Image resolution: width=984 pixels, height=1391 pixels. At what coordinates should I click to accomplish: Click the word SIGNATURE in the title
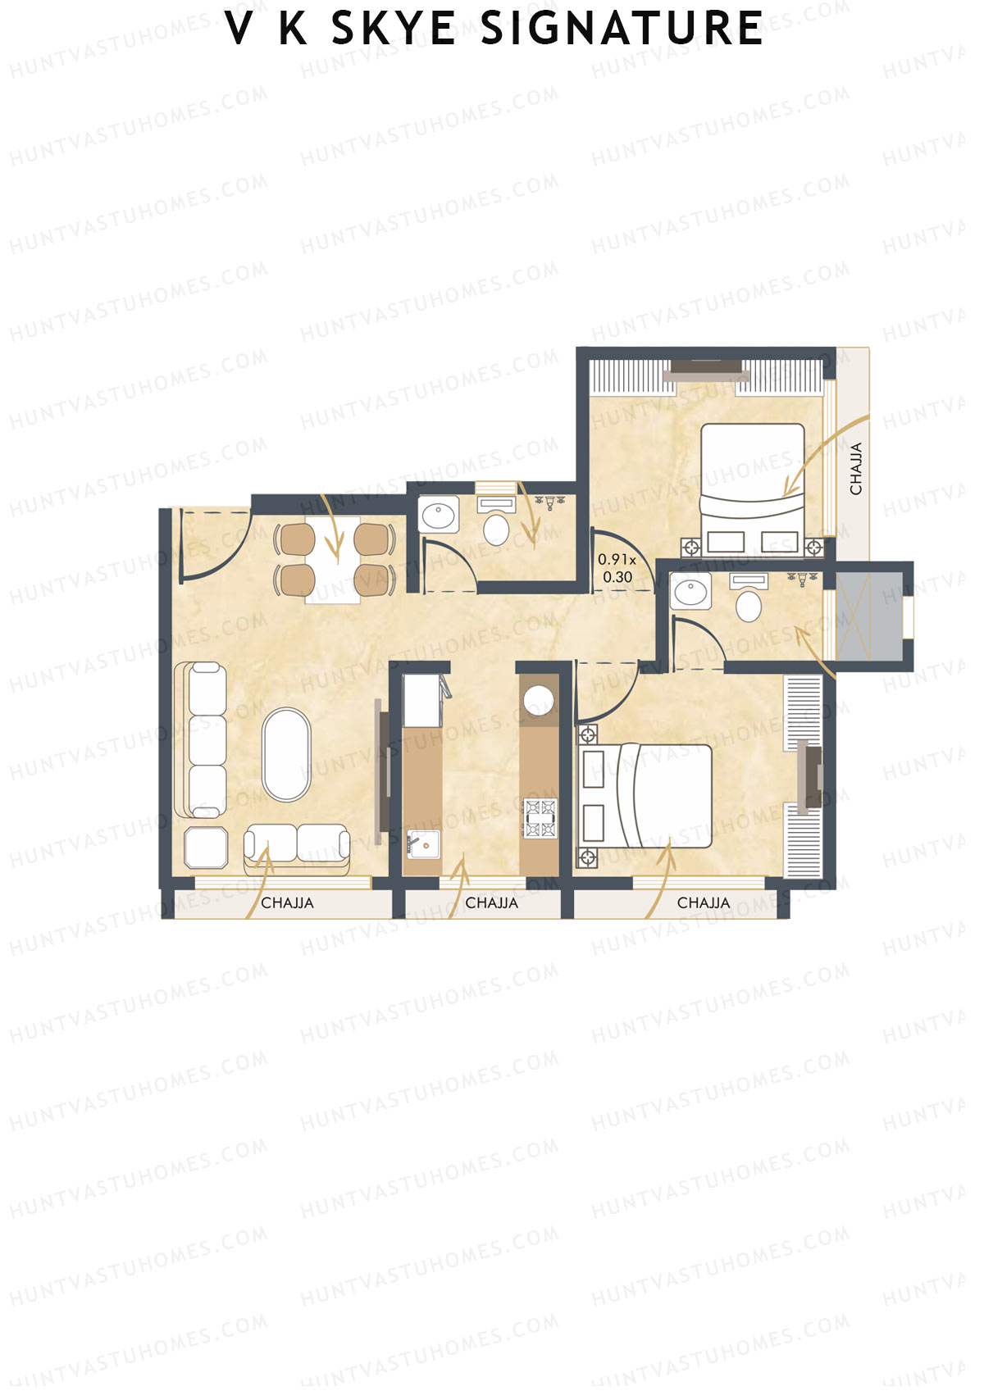(x=622, y=29)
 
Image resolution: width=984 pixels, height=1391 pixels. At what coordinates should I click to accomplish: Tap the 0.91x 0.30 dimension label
(x=617, y=568)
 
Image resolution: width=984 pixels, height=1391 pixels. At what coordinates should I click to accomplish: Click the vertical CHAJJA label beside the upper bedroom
(x=856, y=469)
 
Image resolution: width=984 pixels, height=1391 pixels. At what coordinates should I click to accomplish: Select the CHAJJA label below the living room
(x=287, y=902)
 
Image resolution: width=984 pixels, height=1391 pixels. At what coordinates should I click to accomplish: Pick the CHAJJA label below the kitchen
(x=491, y=902)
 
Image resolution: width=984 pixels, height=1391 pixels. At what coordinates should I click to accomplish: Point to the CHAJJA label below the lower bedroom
(x=703, y=902)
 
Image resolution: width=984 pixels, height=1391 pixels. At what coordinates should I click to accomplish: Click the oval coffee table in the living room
(x=286, y=753)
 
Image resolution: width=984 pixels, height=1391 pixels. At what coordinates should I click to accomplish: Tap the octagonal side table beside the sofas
(x=206, y=847)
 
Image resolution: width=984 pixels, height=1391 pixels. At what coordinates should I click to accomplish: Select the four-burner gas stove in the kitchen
(x=540, y=818)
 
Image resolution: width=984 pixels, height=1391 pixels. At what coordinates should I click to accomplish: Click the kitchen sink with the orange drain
(x=423, y=843)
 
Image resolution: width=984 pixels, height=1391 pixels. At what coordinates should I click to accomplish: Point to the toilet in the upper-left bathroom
(x=496, y=529)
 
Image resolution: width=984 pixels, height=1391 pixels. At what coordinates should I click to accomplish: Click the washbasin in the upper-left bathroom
(x=440, y=516)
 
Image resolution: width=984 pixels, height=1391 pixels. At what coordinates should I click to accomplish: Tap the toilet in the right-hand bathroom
(x=748, y=606)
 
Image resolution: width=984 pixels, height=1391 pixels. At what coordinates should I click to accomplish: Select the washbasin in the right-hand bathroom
(x=690, y=590)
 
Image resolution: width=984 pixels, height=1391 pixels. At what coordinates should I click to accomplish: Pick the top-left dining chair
(x=295, y=539)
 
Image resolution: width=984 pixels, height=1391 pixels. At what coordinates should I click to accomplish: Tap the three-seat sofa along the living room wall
(x=205, y=740)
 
